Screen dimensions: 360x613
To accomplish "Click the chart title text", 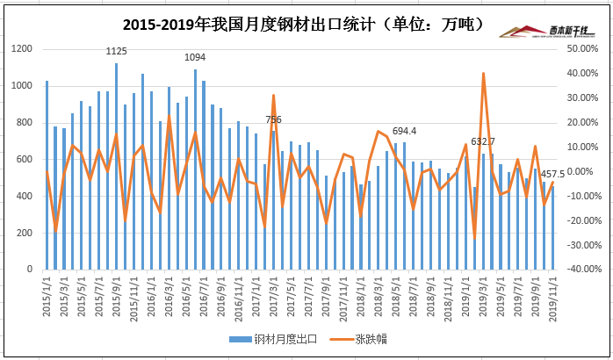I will pos(303,24).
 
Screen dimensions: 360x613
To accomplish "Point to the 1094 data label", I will pos(195,59).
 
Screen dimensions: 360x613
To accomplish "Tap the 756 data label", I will pos(273,120).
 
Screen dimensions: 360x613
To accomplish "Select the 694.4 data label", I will pos(404,132).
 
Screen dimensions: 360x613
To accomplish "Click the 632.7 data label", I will pos(483,141).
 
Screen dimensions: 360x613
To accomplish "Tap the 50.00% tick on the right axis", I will pos(583,49).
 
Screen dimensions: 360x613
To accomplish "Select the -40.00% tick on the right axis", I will pos(582,270).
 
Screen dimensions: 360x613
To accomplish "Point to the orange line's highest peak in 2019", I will pos(483,74).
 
